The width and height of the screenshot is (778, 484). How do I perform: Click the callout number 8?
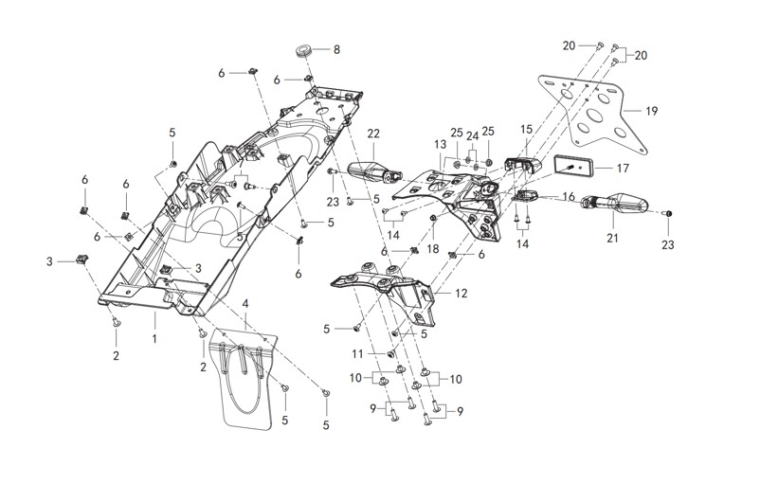point(335,49)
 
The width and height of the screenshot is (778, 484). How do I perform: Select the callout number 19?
point(651,111)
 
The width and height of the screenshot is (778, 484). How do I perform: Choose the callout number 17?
point(623,168)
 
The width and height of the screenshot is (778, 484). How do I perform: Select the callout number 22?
point(373,134)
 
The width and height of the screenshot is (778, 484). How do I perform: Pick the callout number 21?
point(612,237)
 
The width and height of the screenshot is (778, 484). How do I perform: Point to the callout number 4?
point(245,303)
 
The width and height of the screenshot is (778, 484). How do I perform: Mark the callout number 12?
point(461,294)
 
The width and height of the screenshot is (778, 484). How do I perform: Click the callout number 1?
point(154,336)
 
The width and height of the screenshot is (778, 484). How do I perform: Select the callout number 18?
point(433,248)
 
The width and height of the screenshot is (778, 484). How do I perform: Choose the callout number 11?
point(359,353)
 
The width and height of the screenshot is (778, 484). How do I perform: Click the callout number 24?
point(472,134)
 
